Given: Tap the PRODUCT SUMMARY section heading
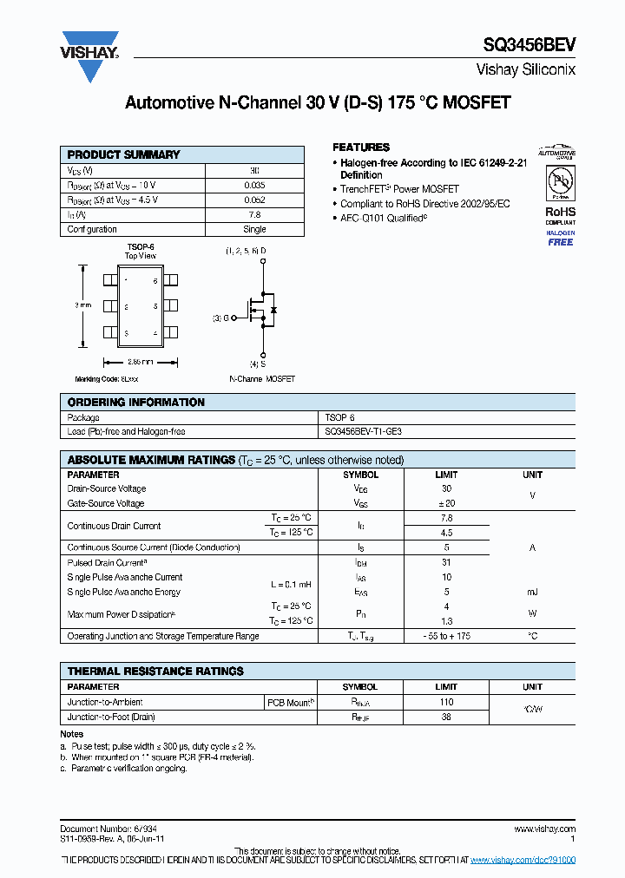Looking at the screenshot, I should tap(123, 154).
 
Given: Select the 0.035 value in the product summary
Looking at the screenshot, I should tap(254, 185).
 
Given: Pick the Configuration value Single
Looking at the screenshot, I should tap(254, 229).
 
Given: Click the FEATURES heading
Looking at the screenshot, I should tap(361, 147).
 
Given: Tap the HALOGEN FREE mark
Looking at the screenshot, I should tap(560, 239).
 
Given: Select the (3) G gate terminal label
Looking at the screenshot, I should tap(220, 318).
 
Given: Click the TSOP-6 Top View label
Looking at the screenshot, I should tap(140, 252).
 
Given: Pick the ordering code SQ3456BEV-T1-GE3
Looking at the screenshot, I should tap(363, 431).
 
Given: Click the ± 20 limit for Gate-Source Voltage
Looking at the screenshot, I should tap(446, 503).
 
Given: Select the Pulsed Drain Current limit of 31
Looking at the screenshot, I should tap(446, 562).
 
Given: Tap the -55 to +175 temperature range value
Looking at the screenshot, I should tap(446, 636).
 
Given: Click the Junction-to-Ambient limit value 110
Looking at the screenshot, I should tap(446, 702).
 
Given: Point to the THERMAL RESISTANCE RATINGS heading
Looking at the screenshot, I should tap(155, 671).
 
